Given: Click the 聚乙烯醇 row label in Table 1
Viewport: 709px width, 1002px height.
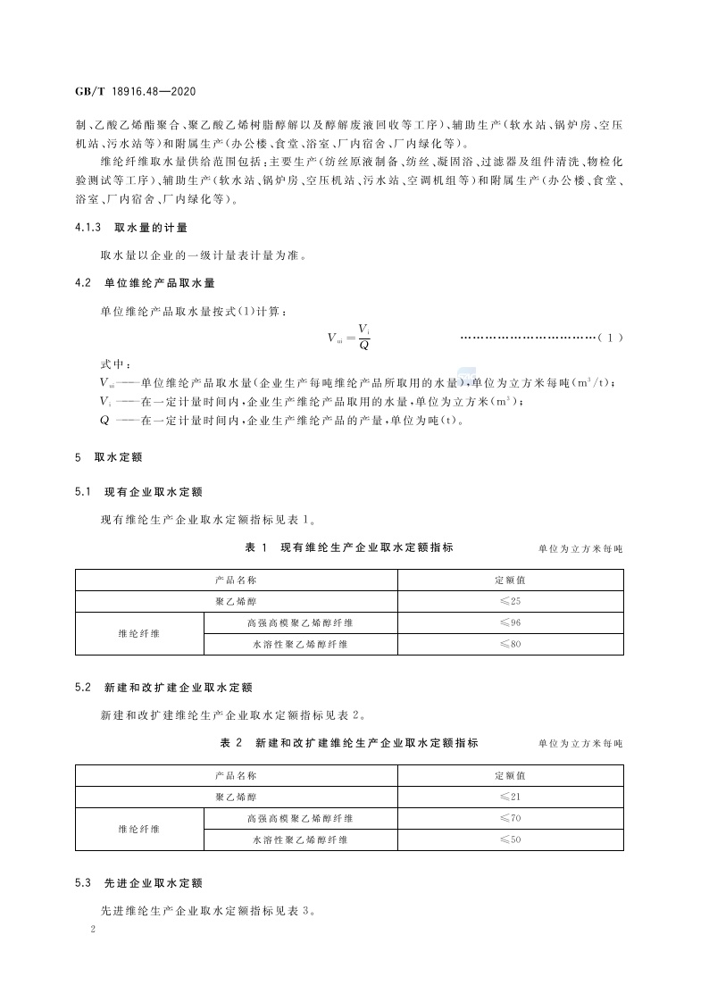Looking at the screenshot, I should coord(236,601).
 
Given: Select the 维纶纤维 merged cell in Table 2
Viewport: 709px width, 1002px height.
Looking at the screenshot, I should coord(139,829).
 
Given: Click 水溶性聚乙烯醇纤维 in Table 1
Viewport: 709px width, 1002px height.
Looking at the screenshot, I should coord(300,644).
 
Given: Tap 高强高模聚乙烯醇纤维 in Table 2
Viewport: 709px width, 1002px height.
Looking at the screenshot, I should coord(300,818).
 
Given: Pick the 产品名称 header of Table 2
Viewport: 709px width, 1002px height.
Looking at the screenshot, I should coord(236,775).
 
